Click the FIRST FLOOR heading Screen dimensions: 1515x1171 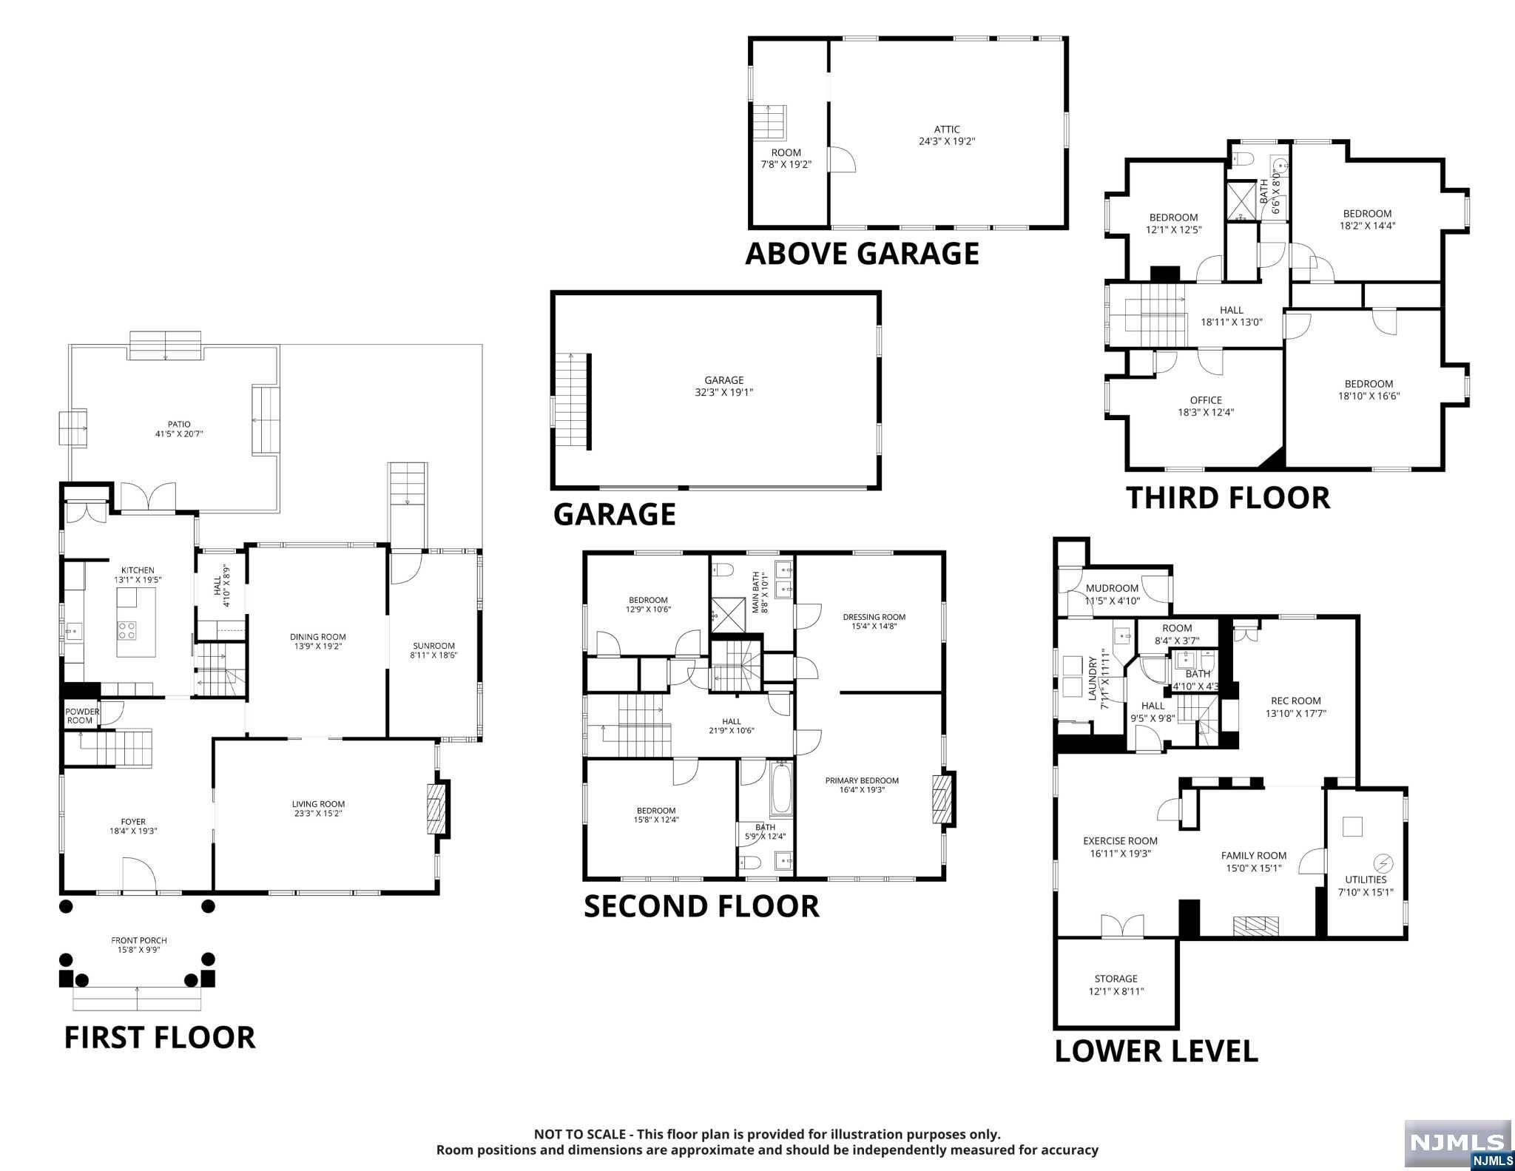[160, 1037]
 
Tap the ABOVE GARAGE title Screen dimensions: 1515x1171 [862, 253]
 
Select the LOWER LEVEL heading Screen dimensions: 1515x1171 [1155, 1050]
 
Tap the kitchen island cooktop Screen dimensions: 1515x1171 [126, 630]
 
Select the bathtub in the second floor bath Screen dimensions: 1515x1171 [781, 789]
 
